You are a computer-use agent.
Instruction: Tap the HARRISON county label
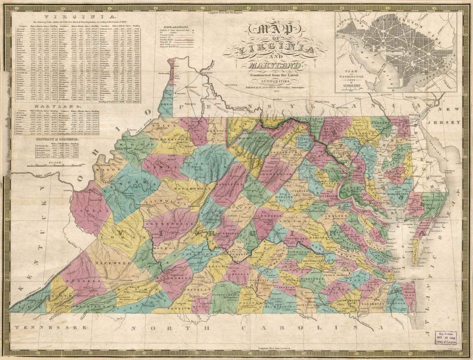point(175,139)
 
